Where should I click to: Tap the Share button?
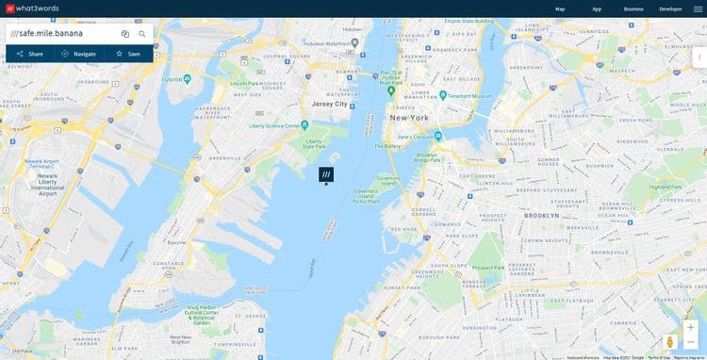tap(30, 54)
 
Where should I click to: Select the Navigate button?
tap(79, 54)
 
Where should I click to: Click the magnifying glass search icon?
tap(142, 34)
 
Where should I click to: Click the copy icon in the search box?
tap(125, 34)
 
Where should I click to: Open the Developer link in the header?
tap(670, 8)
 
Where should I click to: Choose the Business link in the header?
tap(633, 8)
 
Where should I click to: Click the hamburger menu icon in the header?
tap(698, 8)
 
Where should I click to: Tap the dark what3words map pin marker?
tap(326, 174)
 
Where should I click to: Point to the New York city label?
tap(409, 118)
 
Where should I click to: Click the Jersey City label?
tap(330, 105)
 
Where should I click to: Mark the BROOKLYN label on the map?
tap(542, 216)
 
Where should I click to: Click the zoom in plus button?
tap(691, 327)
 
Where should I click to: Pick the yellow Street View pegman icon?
tap(671, 342)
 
